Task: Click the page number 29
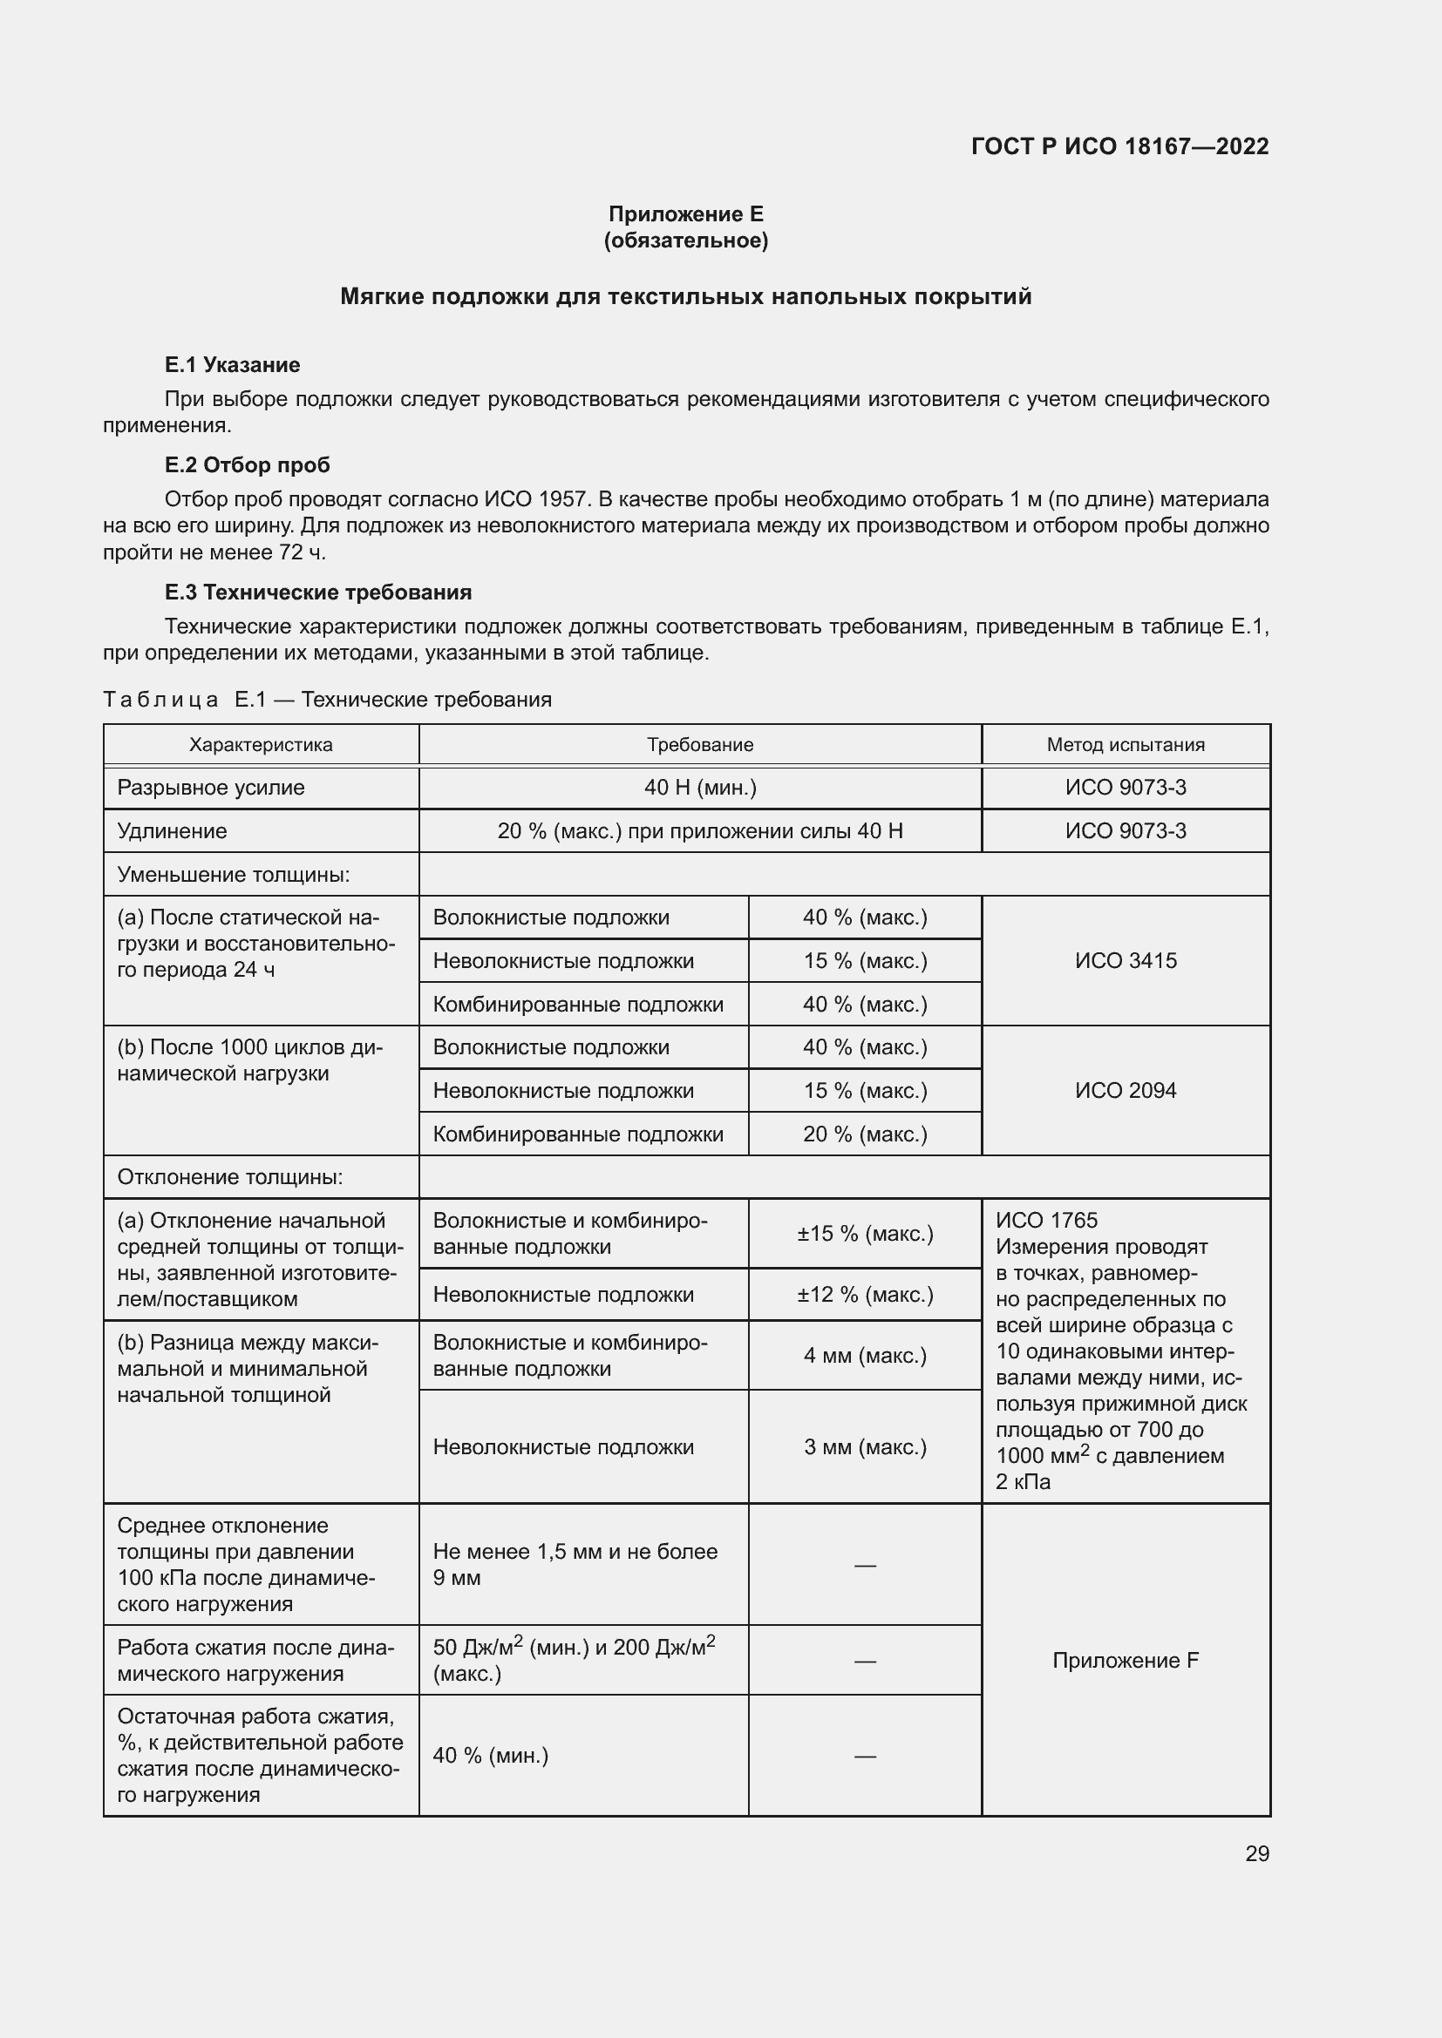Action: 1256,1853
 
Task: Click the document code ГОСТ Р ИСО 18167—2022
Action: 1119,146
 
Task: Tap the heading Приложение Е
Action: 685,214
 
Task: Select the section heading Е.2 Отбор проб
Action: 247,465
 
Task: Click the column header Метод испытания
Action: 1125,745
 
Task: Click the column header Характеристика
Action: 260,745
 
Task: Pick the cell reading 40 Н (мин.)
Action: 700,788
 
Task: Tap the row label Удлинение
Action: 173,831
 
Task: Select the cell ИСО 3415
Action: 1125,960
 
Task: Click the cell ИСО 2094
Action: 1125,1090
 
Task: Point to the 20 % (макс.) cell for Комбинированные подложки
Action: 864,1134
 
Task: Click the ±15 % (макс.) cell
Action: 864,1233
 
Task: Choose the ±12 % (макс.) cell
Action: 864,1294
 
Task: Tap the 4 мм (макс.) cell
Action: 864,1356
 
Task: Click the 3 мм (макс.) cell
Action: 864,1447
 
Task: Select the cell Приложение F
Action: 1125,1660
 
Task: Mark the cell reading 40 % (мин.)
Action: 490,1755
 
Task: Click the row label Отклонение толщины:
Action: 229,1177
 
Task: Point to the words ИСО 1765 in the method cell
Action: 1046,1221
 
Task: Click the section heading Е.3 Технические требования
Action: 318,592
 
